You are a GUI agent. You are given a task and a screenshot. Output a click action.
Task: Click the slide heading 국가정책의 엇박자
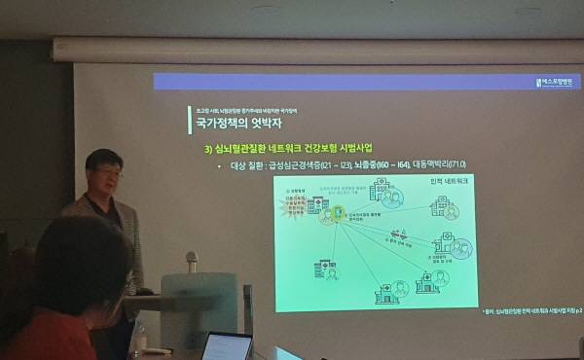coord(230,125)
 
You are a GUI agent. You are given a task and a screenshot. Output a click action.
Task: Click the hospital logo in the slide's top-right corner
coord(558,82)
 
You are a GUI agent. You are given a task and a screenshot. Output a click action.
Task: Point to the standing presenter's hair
coord(103,157)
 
